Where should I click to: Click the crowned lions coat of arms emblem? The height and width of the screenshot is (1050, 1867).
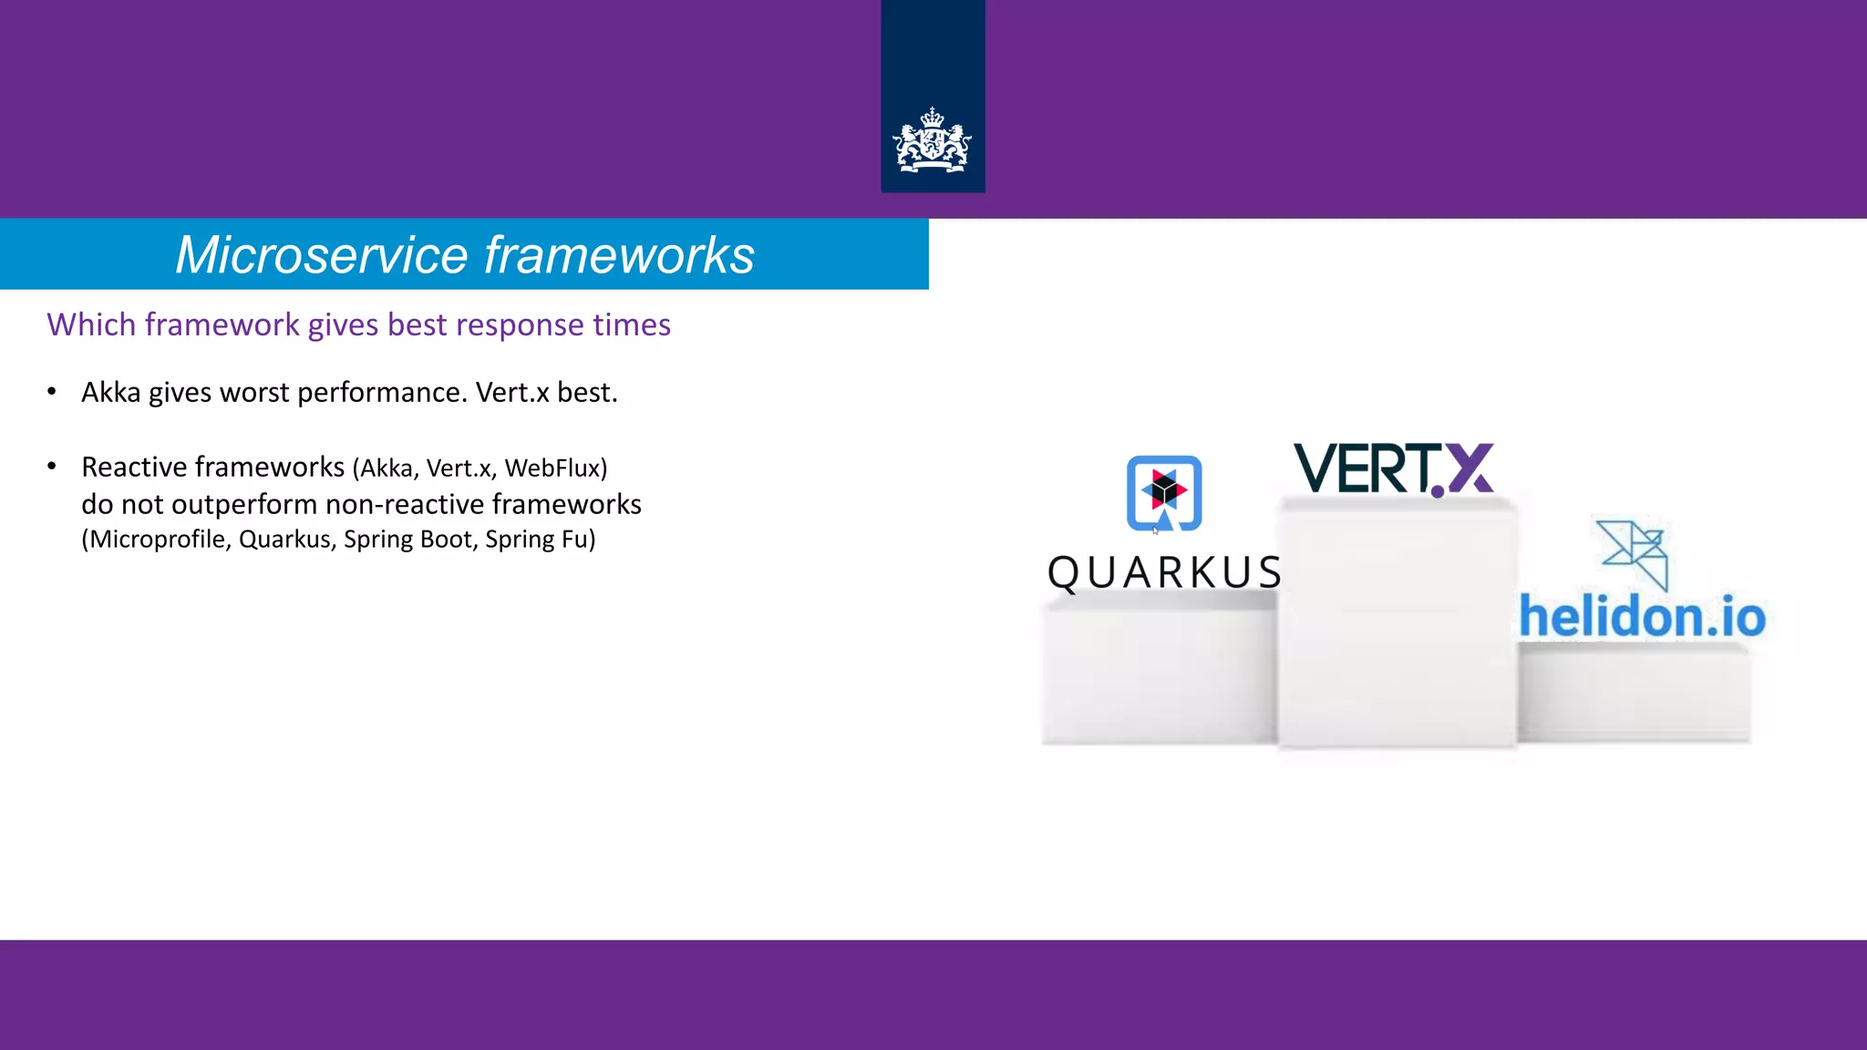(x=933, y=141)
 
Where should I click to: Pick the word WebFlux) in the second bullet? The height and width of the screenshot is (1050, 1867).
(x=555, y=468)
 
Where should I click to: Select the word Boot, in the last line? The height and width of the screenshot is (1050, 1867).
(x=447, y=540)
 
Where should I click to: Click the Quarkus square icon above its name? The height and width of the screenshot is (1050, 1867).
(x=1164, y=492)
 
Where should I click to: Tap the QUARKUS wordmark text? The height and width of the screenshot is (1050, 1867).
(x=1164, y=573)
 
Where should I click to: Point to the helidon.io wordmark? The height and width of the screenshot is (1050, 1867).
(x=1642, y=617)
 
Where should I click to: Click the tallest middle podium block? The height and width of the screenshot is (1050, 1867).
(x=1397, y=629)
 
